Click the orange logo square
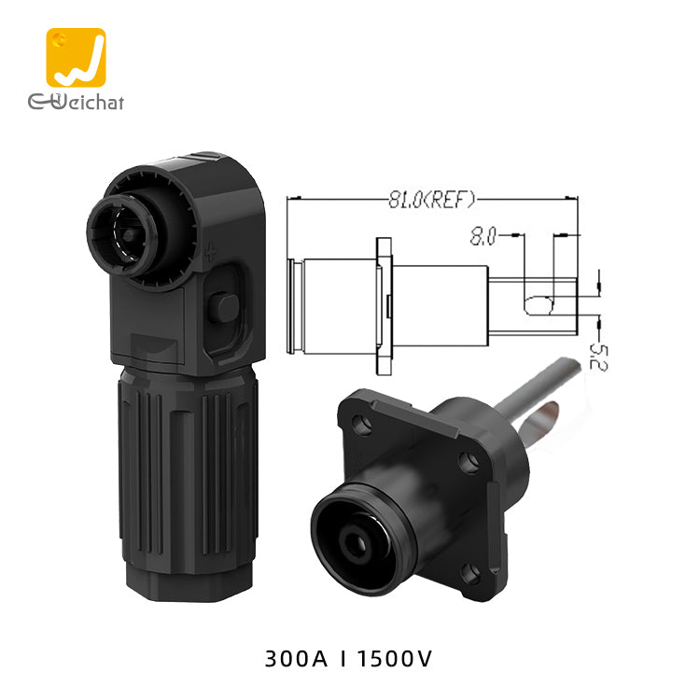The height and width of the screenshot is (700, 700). point(76,58)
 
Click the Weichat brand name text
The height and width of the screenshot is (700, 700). point(76,102)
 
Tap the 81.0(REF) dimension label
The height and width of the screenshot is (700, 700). point(432,199)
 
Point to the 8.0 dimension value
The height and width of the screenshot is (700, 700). point(483,236)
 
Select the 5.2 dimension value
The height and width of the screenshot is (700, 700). point(598,357)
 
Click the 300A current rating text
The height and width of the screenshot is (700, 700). point(296,659)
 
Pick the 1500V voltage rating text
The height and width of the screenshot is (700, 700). point(395,659)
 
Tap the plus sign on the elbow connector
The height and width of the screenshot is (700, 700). point(210,253)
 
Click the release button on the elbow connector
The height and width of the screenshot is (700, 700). point(223,308)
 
